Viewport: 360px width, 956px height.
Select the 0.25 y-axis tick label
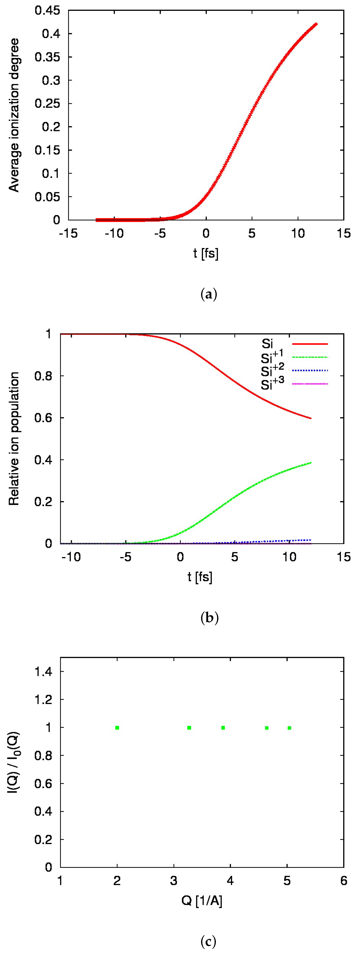point(47,103)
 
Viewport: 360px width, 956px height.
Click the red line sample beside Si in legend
point(310,344)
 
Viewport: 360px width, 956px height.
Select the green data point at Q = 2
point(117,728)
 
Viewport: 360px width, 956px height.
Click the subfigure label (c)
point(208,941)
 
